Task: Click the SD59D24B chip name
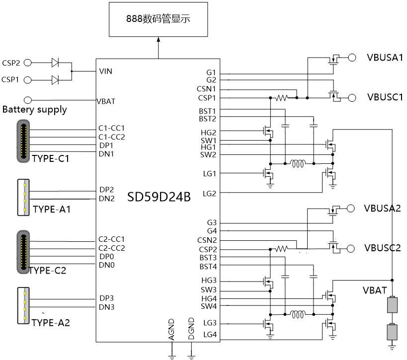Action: click(159, 198)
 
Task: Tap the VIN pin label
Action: click(106, 71)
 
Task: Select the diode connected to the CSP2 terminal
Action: click(55, 63)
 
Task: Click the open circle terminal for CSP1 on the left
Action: click(28, 80)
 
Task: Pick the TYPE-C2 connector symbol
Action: click(23, 251)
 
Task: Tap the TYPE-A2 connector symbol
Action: click(23, 306)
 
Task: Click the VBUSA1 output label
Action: click(384, 58)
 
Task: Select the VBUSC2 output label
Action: click(382, 248)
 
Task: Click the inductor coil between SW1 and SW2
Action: click(298, 163)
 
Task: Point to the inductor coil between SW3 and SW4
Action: click(298, 314)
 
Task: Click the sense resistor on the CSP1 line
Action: click(281, 97)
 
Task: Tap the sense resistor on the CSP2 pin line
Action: click(282, 248)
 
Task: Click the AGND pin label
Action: click(171, 329)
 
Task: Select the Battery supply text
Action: click(35, 110)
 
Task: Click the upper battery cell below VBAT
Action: click(392, 304)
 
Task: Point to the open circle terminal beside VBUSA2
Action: click(351, 208)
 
